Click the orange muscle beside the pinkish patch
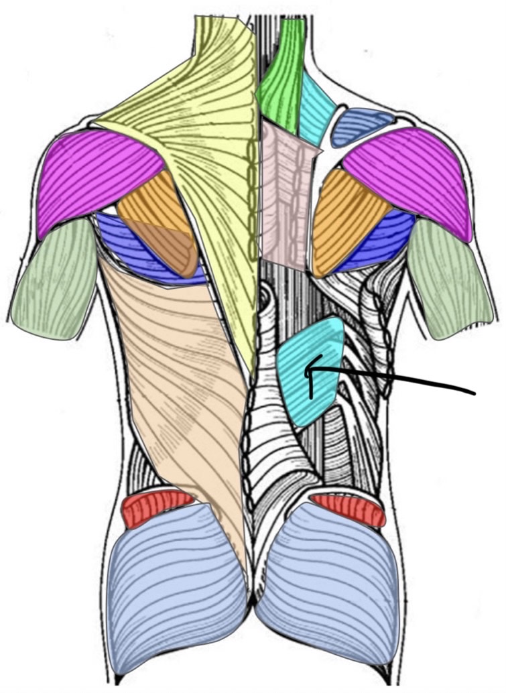(345, 214)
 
